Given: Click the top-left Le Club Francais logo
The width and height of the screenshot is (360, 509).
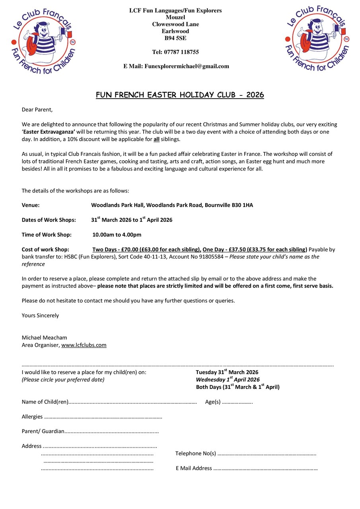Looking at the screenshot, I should (43, 40).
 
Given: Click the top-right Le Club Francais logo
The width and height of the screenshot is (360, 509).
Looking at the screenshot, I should (317, 39).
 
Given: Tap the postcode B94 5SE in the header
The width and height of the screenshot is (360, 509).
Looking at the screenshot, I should (175, 38).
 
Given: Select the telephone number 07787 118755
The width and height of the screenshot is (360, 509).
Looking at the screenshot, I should (184, 52).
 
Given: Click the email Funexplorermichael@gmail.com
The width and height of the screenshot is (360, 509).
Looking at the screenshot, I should (187, 66).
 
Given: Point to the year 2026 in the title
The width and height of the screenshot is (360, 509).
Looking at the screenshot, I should (255, 95).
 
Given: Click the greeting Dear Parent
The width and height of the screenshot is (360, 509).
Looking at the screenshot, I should (37, 109).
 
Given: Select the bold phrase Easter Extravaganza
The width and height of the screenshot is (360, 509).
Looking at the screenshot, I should (49, 132).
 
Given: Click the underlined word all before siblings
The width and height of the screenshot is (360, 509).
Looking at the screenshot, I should (157, 139).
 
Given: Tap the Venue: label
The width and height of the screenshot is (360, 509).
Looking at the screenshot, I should (31, 205).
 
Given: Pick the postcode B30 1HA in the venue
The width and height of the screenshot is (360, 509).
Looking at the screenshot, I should (242, 205).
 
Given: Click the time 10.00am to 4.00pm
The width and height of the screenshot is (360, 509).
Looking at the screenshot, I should (117, 235).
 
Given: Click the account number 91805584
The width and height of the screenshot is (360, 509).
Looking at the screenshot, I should (211, 257).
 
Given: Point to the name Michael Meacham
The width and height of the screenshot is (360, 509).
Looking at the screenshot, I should (44, 338).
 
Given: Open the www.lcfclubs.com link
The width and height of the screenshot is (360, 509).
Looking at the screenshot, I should (84, 345).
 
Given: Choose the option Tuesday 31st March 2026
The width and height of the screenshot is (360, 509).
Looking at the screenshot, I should (227, 372).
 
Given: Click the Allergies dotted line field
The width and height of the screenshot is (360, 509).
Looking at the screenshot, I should (103, 417).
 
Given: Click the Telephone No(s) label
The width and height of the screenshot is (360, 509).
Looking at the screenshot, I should (195, 453).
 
